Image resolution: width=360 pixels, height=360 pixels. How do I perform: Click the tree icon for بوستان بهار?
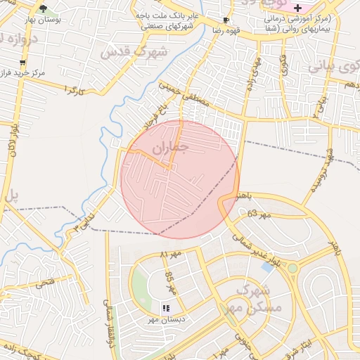point(43,8)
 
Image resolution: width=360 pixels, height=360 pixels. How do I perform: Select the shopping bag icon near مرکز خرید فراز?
point(22,63)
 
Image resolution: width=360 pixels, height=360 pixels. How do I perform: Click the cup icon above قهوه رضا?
point(225,21)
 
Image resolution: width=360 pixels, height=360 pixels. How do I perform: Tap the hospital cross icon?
point(297,7)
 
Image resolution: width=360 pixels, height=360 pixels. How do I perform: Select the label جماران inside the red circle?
point(172,147)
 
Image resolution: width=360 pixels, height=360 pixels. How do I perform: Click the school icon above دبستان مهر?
point(166,308)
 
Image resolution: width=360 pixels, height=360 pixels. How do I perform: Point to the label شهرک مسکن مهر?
point(257,299)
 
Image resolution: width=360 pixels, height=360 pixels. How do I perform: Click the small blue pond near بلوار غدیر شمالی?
point(268,266)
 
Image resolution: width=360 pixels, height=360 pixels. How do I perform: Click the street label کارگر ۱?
point(73,89)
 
